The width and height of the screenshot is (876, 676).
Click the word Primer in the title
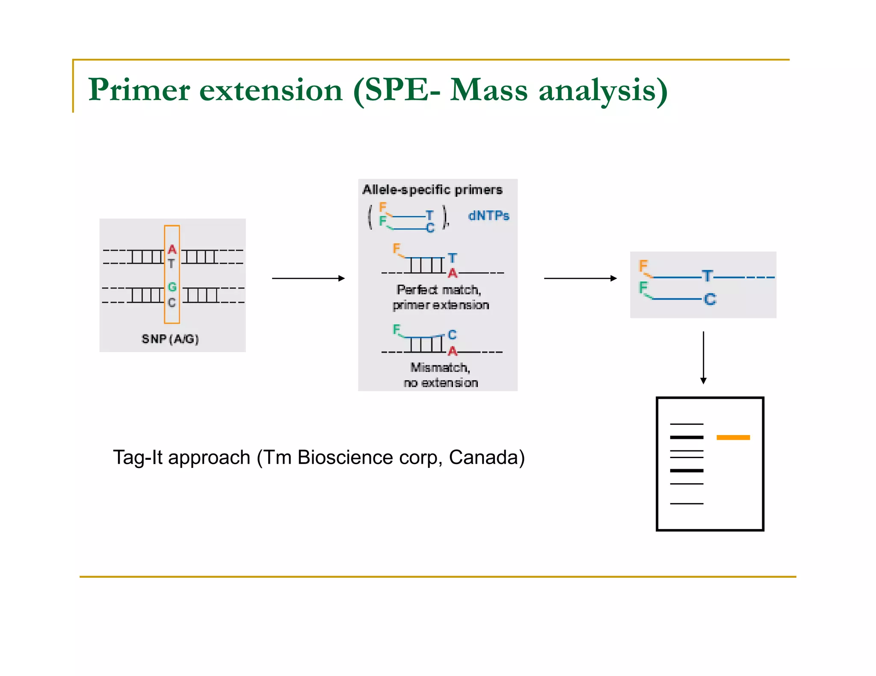(x=139, y=90)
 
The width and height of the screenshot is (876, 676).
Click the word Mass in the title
(x=488, y=90)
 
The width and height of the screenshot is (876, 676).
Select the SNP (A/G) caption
(x=170, y=339)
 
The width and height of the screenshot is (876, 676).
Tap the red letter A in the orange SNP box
(x=172, y=249)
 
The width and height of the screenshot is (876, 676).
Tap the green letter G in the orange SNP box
(x=172, y=287)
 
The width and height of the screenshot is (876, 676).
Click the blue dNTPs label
(x=488, y=216)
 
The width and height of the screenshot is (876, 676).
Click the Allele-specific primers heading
(x=432, y=190)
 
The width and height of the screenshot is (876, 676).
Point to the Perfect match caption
(x=439, y=290)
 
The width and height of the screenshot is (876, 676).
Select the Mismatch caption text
(x=440, y=367)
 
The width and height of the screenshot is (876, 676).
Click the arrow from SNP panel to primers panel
(x=308, y=279)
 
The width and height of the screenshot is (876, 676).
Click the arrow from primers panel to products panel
(x=580, y=279)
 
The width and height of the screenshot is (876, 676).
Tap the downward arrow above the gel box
(x=703, y=357)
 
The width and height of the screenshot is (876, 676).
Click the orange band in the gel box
(x=733, y=437)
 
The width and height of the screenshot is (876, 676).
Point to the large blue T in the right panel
(x=707, y=276)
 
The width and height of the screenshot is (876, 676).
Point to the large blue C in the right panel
(x=710, y=299)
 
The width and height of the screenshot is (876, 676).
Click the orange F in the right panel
(x=643, y=266)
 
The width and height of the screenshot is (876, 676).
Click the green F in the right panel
(x=643, y=288)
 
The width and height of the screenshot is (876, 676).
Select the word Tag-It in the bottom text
(x=138, y=458)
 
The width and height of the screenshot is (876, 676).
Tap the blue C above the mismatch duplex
(x=452, y=335)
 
